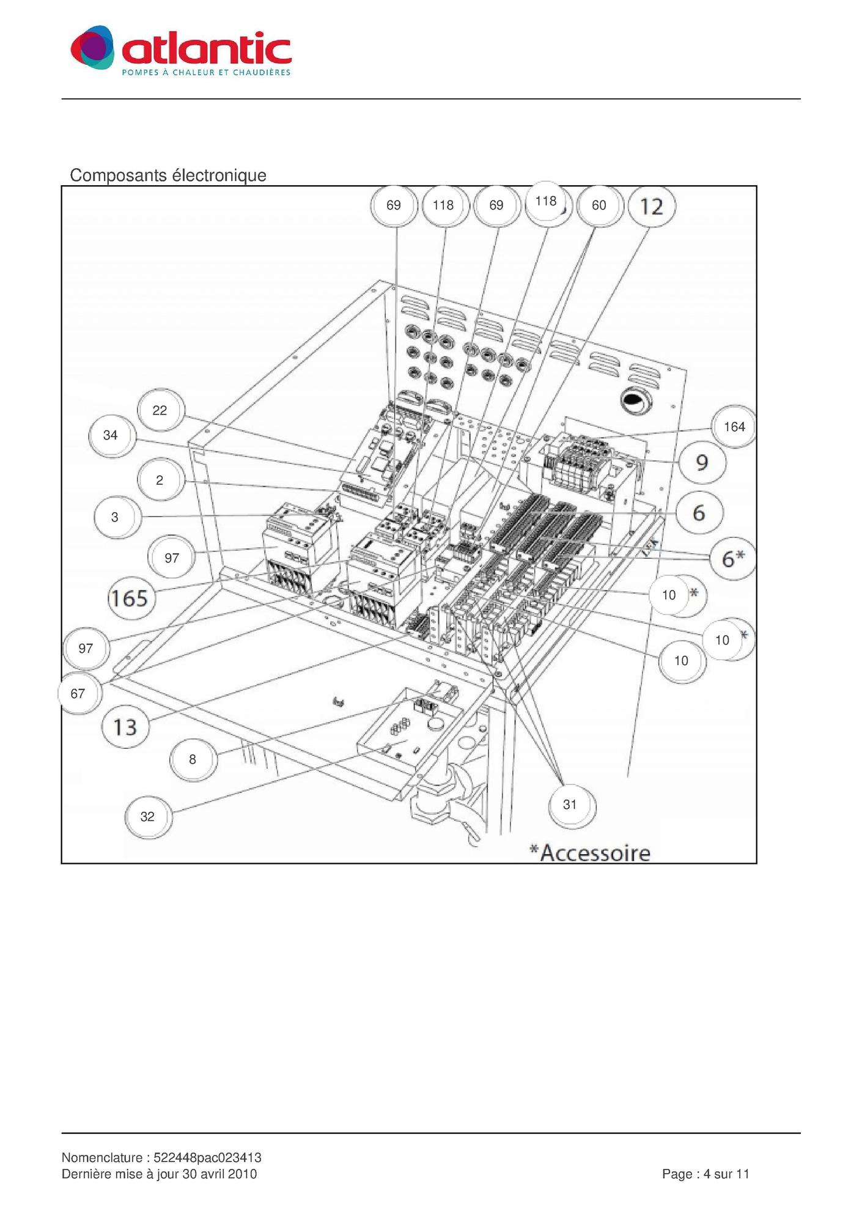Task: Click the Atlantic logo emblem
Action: [x=92, y=47]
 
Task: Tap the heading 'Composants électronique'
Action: [x=168, y=175]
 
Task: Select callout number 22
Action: [x=160, y=410]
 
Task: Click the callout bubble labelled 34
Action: [x=111, y=435]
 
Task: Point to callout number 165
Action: [x=129, y=597]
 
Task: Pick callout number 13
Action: [x=125, y=727]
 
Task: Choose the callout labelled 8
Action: [x=193, y=759]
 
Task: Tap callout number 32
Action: [x=147, y=817]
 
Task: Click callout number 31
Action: [x=570, y=805]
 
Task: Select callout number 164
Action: [x=734, y=427]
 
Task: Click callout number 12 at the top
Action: [x=652, y=207]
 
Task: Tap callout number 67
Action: [x=78, y=693]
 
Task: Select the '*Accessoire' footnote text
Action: [x=589, y=852]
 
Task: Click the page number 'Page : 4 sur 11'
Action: [x=705, y=1174]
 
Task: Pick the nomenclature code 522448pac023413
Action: [x=207, y=1158]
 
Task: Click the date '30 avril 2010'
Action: [x=219, y=1174]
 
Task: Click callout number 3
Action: [x=116, y=517]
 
